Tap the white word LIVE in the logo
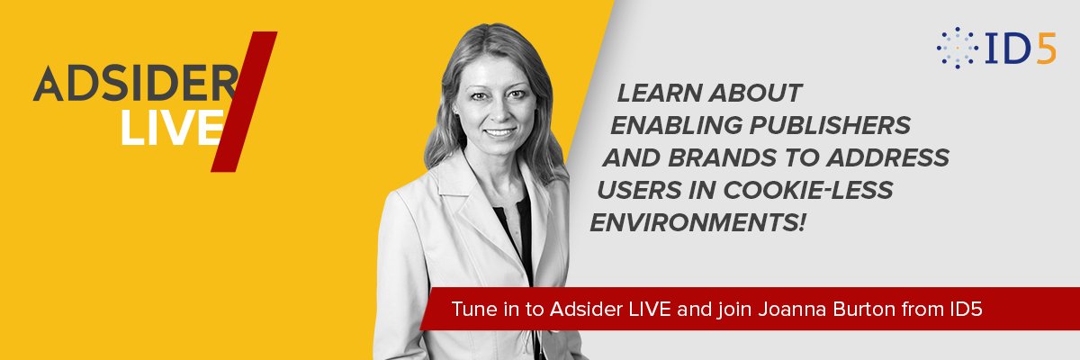(x=170, y=128)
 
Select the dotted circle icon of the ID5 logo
(x=958, y=48)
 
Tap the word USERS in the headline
(x=638, y=191)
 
